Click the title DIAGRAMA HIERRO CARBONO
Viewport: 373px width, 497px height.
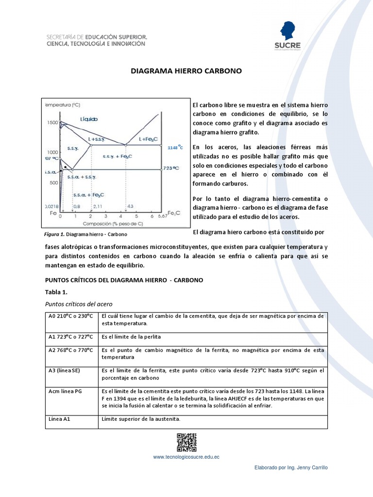point(186,71)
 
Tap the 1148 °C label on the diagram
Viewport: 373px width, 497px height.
point(175,147)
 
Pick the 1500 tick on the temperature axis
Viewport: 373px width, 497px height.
point(52,123)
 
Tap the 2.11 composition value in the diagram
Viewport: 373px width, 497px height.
point(98,206)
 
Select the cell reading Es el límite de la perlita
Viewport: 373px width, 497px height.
point(131,336)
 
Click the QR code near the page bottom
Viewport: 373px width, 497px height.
point(186,442)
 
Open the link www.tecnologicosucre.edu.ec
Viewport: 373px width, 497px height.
point(186,457)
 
